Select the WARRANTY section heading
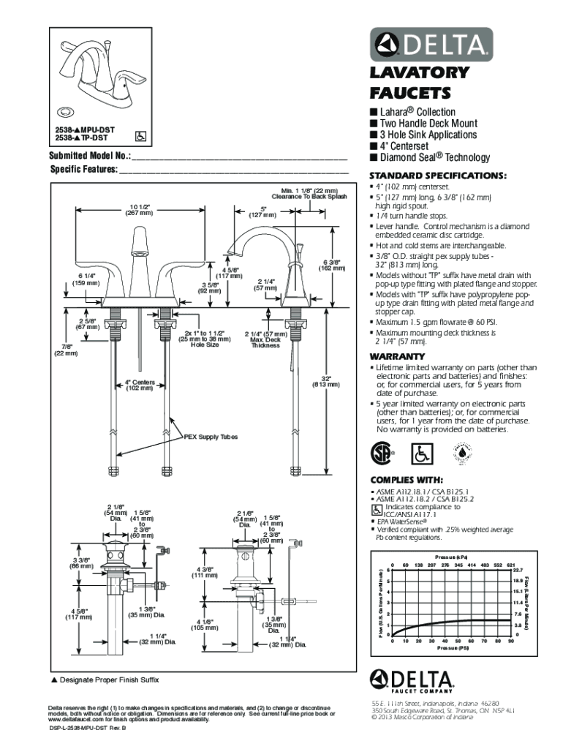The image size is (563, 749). [398, 356]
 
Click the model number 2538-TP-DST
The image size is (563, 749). [81, 137]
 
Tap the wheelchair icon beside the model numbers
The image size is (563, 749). [141, 136]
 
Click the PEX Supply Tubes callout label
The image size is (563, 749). [211, 437]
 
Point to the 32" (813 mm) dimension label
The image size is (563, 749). [322, 382]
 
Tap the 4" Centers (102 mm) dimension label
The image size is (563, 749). [139, 385]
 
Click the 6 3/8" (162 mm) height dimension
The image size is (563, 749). [333, 265]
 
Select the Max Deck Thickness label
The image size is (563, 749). [265, 342]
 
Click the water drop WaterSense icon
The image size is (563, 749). [464, 453]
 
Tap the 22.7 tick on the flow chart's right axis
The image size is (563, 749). [517, 570]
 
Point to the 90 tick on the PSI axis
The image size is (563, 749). [510, 641]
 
